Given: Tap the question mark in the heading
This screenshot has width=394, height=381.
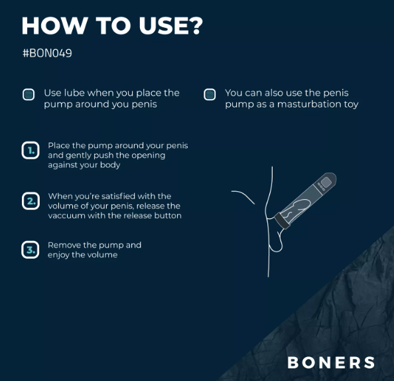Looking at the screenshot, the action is (x=196, y=25).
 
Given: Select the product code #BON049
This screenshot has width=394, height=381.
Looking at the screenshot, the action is (x=47, y=53).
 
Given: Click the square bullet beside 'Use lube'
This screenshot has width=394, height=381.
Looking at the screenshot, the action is (x=29, y=94).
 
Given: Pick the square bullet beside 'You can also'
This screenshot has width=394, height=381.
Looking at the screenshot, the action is (x=210, y=94).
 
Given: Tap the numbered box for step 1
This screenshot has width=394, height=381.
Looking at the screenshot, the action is (x=31, y=151).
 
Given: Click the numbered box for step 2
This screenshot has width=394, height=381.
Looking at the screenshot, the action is (x=31, y=201).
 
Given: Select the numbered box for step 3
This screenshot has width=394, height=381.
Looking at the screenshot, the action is (x=31, y=250).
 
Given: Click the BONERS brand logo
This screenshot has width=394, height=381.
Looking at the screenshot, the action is (x=331, y=362).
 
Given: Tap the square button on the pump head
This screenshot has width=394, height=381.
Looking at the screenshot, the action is (x=326, y=182).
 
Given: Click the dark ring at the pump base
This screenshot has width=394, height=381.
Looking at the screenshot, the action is (x=282, y=221).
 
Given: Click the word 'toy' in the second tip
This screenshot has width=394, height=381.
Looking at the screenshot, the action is (x=351, y=104).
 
